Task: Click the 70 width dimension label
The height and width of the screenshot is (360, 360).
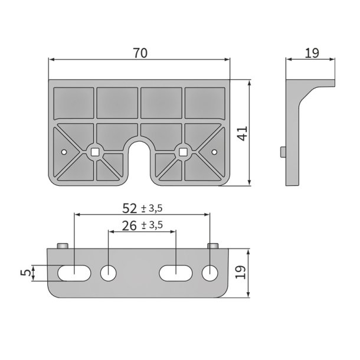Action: tap(140, 53)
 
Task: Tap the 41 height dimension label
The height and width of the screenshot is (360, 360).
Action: tap(243, 133)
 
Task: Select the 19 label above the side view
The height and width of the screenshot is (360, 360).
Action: tap(312, 53)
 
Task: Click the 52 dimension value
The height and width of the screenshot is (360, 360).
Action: tap(130, 208)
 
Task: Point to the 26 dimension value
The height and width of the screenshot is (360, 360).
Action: tap(129, 225)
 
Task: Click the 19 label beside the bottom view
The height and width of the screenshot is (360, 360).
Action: tap(240, 272)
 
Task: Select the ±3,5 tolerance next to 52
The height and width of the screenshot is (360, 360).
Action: tap(152, 208)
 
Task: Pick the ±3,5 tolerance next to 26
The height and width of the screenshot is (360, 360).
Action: tap(152, 225)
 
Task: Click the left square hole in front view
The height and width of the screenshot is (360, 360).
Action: tap(94, 152)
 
